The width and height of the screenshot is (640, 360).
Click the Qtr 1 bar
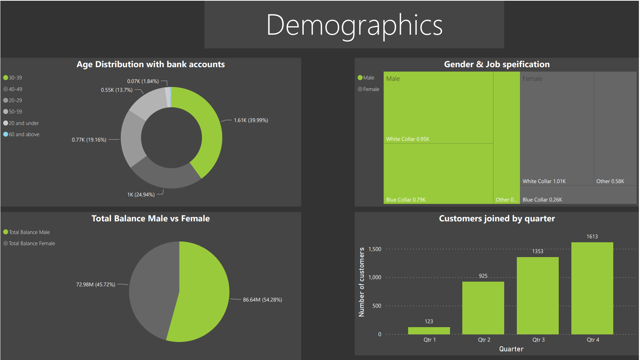pos(429,330)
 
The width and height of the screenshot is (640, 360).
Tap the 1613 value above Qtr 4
pos(592,237)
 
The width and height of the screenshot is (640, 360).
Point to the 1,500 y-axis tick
pos(375,249)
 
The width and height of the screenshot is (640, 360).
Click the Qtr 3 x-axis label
pos(538,340)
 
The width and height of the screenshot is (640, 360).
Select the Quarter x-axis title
pos(511,349)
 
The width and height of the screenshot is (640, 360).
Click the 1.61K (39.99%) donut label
pos(251,120)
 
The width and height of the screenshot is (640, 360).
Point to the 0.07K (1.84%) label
pos(143,81)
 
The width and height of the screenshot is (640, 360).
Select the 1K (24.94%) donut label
pos(141,195)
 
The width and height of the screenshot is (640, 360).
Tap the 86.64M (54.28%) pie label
pos(262,300)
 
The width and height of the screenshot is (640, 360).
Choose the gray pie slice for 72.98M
pos(152,289)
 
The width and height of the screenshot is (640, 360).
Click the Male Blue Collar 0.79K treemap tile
pos(438,173)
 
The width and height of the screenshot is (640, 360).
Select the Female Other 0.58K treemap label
pos(610,181)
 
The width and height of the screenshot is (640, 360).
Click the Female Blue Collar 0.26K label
pos(542,200)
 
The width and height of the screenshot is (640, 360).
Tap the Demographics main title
pos(354,25)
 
